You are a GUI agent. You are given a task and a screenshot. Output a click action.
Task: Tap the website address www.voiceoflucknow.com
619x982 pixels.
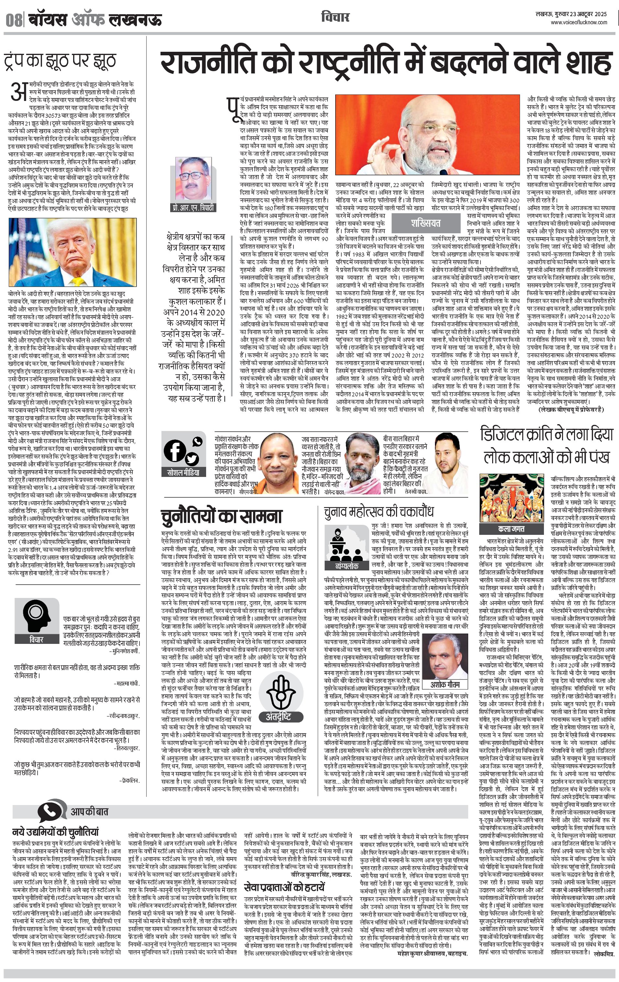(579, 23)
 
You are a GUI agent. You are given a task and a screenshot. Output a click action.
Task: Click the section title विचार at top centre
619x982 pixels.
(335, 17)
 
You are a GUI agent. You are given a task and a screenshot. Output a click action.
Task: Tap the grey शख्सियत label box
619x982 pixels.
(425, 223)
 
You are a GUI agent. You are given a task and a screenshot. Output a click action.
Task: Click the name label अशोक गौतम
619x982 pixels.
(445, 684)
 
